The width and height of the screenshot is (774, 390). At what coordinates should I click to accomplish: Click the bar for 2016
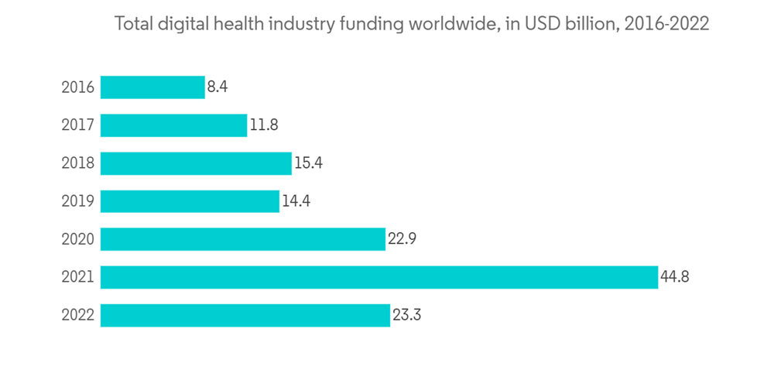pos(152,87)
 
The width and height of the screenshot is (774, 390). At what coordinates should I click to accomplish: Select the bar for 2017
pos(173,125)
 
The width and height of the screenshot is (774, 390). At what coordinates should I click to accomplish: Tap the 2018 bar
pos(196,162)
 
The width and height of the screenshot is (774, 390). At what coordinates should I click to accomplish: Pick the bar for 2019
pos(190,200)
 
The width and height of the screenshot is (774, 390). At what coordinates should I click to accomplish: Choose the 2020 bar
pos(242,238)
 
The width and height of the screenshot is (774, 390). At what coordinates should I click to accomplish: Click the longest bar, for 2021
pos(378,276)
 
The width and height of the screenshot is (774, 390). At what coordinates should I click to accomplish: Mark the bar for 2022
pos(245,315)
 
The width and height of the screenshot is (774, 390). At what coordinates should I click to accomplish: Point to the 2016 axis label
pos(78,87)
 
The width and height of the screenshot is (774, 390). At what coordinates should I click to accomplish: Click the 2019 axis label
pos(78,201)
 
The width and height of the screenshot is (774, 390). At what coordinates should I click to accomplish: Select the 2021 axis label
pos(78,277)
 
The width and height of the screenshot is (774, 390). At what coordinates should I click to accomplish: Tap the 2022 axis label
pos(78,315)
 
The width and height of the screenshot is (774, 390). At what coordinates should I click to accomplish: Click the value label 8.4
pos(217,87)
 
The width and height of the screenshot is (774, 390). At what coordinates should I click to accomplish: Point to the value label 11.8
pos(264,125)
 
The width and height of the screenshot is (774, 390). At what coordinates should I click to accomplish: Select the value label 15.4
pos(308,162)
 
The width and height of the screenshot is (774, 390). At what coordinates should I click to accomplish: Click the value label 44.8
pos(674,276)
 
